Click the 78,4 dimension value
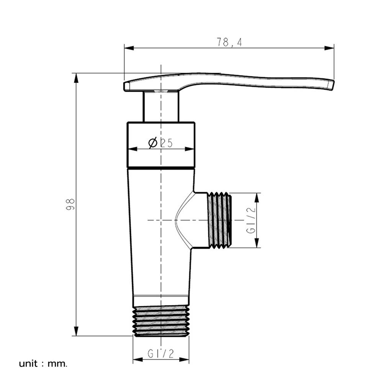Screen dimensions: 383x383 tap(229, 43)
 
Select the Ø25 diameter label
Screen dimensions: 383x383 tap(160, 143)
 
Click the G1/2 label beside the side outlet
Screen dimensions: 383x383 tap(250, 220)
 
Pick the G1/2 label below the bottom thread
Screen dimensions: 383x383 tap(161, 354)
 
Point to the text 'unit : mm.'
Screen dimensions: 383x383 tap(43, 364)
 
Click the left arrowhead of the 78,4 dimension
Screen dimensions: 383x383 tap(129, 48)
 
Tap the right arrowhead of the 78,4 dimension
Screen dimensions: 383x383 tap(329, 48)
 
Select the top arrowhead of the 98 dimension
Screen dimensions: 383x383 tap(77, 78)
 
